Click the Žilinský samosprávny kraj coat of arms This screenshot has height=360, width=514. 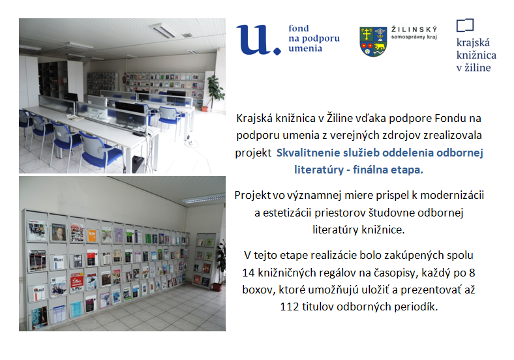373,42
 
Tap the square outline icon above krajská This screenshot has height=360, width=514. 465,25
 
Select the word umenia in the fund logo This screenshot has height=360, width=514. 305,48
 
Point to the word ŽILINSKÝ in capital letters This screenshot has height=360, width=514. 414,30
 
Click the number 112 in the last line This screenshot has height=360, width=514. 290,307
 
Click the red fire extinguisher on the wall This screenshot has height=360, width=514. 124,80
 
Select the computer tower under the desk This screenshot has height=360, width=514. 138,164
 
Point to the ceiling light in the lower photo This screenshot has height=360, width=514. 204,199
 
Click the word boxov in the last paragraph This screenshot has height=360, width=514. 257,290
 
